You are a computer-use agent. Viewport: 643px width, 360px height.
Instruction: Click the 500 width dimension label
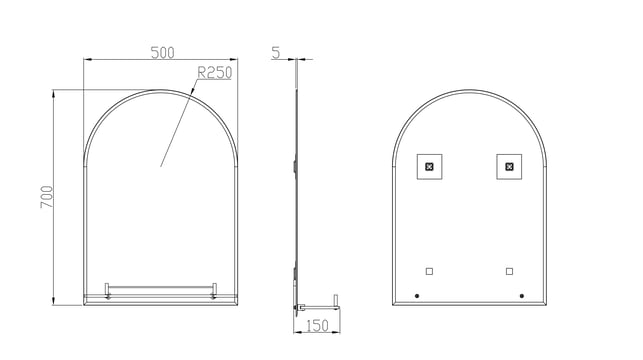pyautogui.click(x=162, y=53)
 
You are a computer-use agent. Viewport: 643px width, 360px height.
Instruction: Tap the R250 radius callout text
pyautogui.click(x=214, y=73)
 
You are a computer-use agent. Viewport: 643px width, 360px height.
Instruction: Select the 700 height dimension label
pyautogui.click(x=47, y=197)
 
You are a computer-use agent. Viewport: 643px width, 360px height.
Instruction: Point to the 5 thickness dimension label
pyautogui.click(x=276, y=52)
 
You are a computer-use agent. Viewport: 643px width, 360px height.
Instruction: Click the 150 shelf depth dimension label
pyautogui.click(x=317, y=326)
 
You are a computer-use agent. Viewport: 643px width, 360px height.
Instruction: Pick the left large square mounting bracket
pyautogui.click(x=429, y=166)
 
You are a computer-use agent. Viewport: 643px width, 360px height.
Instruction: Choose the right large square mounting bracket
pyautogui.click(x=509, y=166)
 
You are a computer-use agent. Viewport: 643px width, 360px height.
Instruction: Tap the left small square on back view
pyautogui.click(x=429, y=271)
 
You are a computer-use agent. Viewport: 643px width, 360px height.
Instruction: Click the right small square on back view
pyautogui.click(x=509, y=271)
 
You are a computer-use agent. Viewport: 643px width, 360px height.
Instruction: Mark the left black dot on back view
pyautogui.click(x=417, y=296)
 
